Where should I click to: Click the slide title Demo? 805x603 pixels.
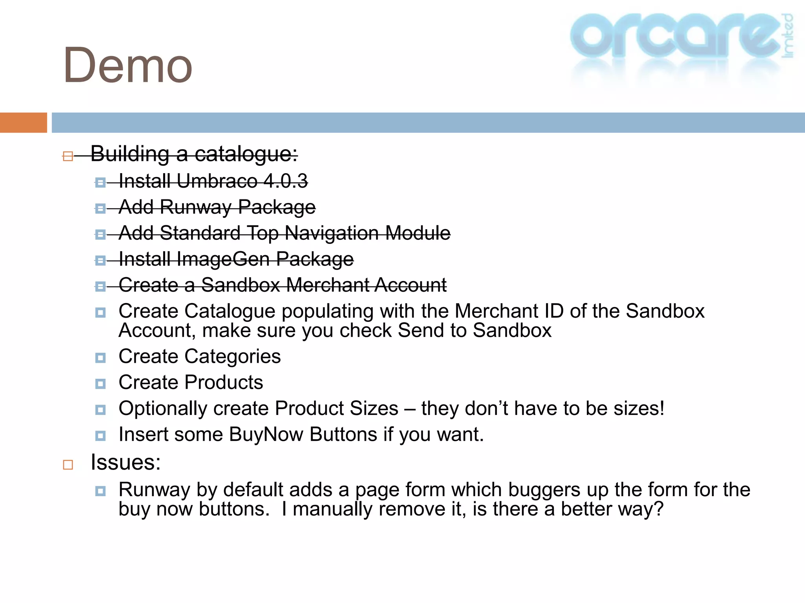[128, 66]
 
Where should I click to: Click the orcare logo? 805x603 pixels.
[676, 37]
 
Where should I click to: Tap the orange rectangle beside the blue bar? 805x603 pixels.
[23, 122]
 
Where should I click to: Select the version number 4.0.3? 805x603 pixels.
[286, 181]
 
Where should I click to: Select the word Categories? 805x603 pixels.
[233, 356]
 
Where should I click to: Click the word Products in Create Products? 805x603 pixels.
[224, 382]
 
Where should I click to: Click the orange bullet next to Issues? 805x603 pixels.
[68, 465]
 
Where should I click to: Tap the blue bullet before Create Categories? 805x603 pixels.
[101, 358]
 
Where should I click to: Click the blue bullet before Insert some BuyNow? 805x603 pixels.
[101, 436]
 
